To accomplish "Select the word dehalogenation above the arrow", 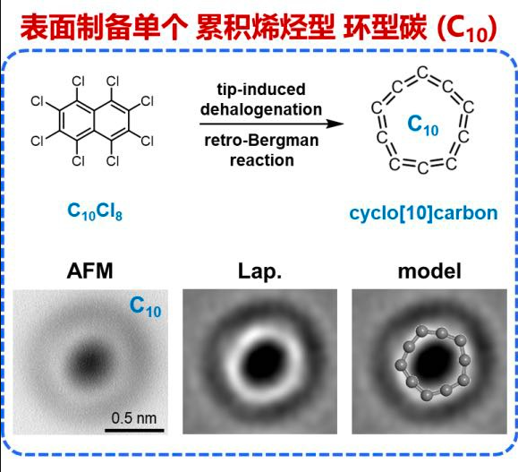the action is [x=261, y=109].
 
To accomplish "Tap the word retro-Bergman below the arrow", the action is [x=261, y=141].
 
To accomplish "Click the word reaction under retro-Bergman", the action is [x=261, y=160].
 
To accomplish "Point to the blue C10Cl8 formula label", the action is [x=95, y=211].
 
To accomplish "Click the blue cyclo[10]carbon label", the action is [x=423, y=212].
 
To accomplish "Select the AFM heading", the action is [x=89, y=270].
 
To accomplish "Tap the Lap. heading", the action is [x=259, y=272].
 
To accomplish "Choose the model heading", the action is [x=429, y=271].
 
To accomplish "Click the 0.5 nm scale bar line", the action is [x=134, y=430].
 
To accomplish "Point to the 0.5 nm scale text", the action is [x=134, y=418].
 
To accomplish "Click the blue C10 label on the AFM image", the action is [x=145, y=307].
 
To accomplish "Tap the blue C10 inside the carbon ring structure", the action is [x=423, y=125].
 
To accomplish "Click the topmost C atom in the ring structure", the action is [x=422, y=73].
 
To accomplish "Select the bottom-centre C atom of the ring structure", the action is [x=422, y=167].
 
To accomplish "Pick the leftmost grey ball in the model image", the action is [x=401, y=365].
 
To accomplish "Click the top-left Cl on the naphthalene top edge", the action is [x=79, y=81].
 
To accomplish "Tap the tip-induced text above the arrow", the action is [x=261, y=90].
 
